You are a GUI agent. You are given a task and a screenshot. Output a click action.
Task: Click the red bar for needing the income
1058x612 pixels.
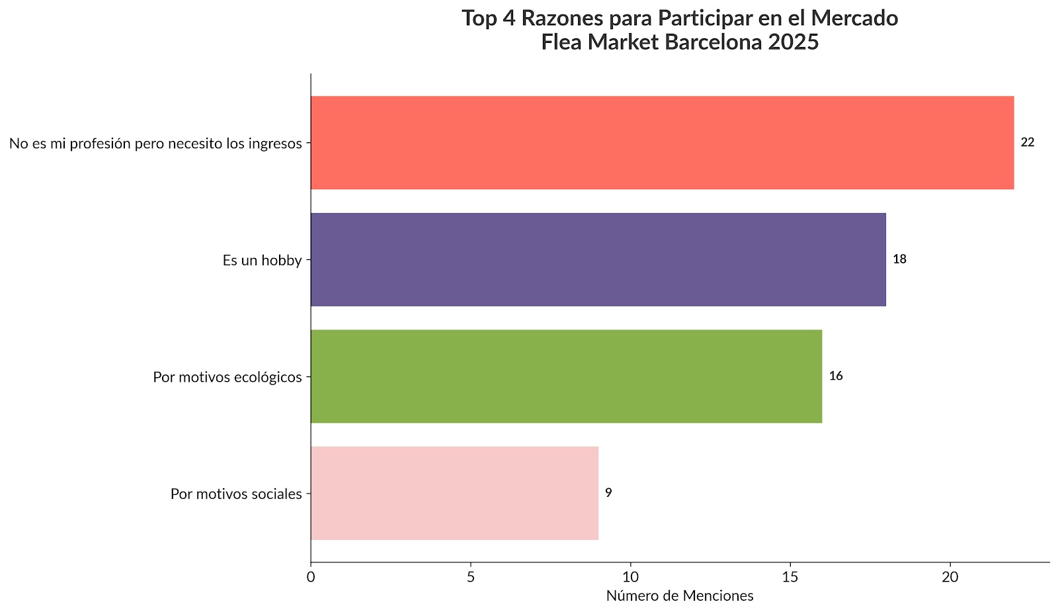click(662, 143)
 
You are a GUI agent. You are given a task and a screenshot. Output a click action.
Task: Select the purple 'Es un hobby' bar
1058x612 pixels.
click(598, 259)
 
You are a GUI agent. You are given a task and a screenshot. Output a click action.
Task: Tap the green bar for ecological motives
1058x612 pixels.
click(566, 376)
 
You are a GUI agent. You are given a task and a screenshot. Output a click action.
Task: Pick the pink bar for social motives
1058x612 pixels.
click(454, 494)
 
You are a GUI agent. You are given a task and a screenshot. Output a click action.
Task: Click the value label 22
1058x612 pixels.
click(1027, 142)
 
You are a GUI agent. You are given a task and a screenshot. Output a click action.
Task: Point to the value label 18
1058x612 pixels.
click(899, 259)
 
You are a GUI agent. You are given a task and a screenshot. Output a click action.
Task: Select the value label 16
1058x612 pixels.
click(836, 376)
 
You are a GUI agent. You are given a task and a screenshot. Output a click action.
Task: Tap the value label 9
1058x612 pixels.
click(608, 493)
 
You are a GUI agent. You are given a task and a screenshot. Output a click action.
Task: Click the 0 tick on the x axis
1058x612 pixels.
click(311, 577)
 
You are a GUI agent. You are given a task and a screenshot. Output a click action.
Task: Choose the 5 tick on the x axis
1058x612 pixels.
click(471, 577)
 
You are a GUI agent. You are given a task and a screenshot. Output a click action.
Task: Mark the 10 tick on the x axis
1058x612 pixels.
click(630, 577)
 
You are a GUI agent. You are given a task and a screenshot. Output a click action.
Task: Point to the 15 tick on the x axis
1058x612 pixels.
click(790, 577)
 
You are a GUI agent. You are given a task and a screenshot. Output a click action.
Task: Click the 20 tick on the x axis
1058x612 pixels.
click(950, 577)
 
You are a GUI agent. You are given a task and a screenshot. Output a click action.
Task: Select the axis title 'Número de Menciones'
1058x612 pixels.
click(680, 596)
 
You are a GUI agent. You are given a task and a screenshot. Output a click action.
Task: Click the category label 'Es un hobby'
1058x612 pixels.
click(262, 260)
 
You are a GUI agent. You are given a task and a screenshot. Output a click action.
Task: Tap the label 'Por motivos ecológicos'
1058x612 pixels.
click(227, 377)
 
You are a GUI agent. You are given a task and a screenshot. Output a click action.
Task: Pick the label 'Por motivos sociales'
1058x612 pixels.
click(236, 494)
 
